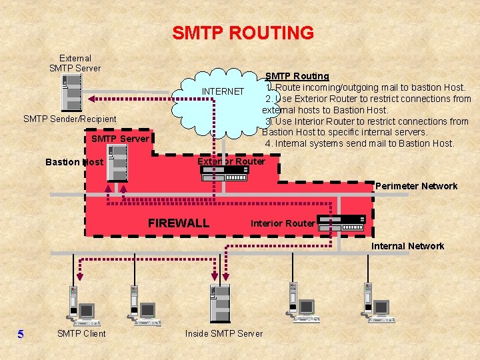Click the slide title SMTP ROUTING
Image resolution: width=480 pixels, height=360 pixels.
point(243,33)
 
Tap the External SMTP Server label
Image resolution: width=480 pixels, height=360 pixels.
point(75,63)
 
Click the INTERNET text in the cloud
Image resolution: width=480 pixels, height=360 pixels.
point(223,91)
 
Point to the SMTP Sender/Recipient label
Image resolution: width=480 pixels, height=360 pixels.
point(70,119)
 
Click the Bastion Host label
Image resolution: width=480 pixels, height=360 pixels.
point(74,162)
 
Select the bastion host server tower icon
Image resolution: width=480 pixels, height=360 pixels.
point(117,163)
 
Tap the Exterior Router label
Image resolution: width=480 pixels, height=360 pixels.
point(231,161)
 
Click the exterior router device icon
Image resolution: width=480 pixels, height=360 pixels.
point(225,174)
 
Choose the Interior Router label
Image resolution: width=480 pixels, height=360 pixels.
point(283,223)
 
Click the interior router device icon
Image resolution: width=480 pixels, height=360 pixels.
point(342,223)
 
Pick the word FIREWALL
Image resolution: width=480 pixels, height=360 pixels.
point(179,223)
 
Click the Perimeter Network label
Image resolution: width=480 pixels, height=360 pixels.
point(416,186)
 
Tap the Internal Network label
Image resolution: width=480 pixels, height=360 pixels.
point(407,246)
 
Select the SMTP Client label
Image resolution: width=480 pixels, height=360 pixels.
point(81,333)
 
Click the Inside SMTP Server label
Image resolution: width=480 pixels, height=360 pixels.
point(224,333)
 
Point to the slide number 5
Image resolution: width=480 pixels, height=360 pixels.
point(21,334)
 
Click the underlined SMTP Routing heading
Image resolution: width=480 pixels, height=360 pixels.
point(297,76)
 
